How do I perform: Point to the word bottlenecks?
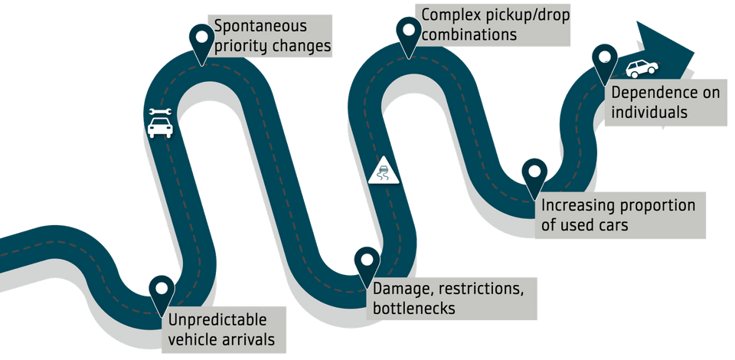point(414,309)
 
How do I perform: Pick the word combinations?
point(469,35)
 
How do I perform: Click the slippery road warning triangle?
point(384,171)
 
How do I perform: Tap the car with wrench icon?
point(160,123)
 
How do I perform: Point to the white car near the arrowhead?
point(642,69)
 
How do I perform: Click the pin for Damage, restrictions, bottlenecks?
point(367,262)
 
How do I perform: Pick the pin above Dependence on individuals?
point(605,60)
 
